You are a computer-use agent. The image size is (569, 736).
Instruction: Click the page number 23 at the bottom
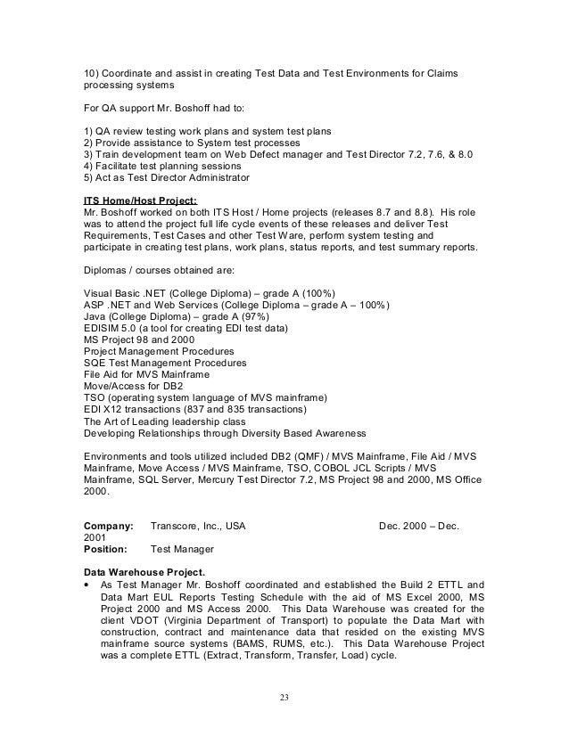coord(284,698)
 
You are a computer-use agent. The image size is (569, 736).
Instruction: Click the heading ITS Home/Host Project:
coord(139,200)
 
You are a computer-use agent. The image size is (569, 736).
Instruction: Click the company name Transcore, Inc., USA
coord(198,527)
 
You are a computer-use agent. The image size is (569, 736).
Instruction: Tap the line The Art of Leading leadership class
coord(170,421)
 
